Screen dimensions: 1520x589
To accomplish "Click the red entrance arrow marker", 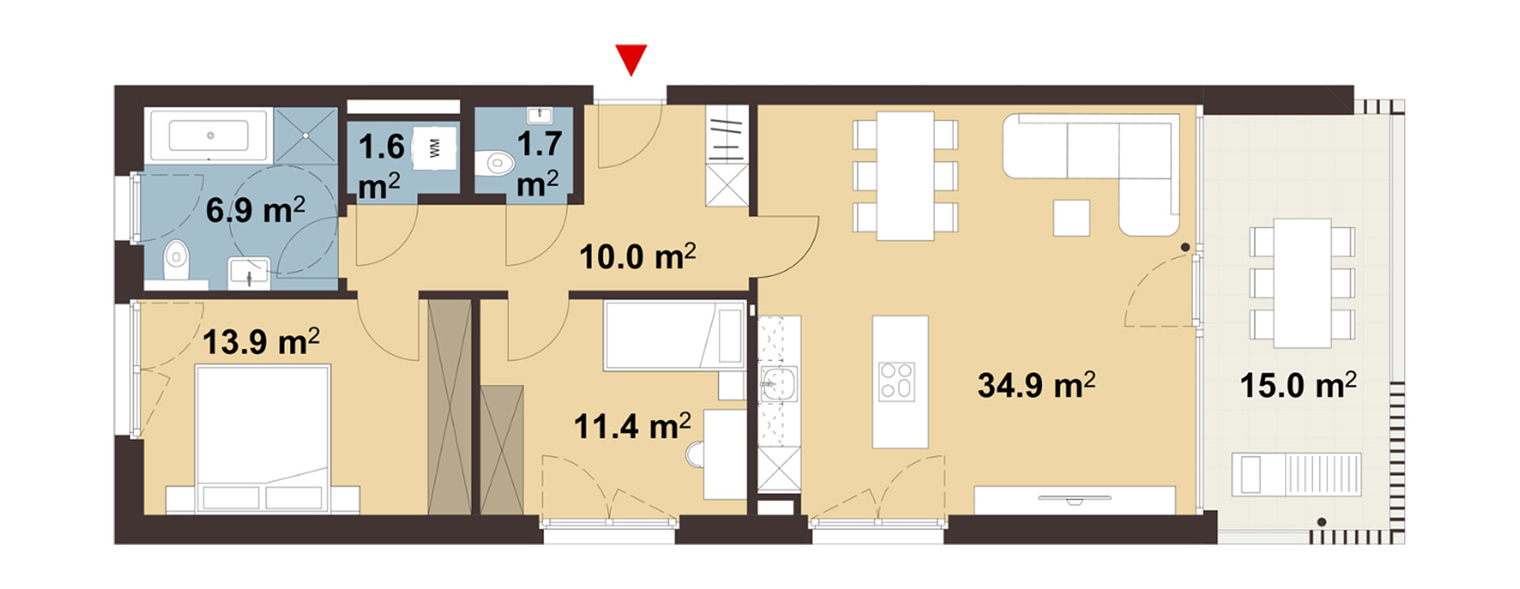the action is (x=632, y=58).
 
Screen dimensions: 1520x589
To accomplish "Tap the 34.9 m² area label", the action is (x=1036, y=385).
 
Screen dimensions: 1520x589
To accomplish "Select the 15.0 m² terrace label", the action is (x=1298, y=385).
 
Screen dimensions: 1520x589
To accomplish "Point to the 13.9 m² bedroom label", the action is (x=261, y=341).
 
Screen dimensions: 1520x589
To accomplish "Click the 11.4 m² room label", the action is (x=632, y=426).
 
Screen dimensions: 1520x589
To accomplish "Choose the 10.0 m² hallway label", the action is (x=637, y=256).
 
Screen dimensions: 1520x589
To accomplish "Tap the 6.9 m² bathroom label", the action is (x=255, y=210).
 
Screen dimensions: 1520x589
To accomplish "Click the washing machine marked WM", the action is (x=435, y=147).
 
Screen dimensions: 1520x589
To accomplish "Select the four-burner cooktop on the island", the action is (x=898, y=382).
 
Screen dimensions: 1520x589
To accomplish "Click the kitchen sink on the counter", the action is (x=778, y=385).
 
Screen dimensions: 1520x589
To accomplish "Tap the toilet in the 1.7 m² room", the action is (x=496, y=164).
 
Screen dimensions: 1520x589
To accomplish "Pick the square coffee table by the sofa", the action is (x=1071, y=218).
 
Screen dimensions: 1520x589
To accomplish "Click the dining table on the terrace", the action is (x=1302, y=283).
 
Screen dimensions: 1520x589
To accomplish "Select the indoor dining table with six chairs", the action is (x=905, y=176).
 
